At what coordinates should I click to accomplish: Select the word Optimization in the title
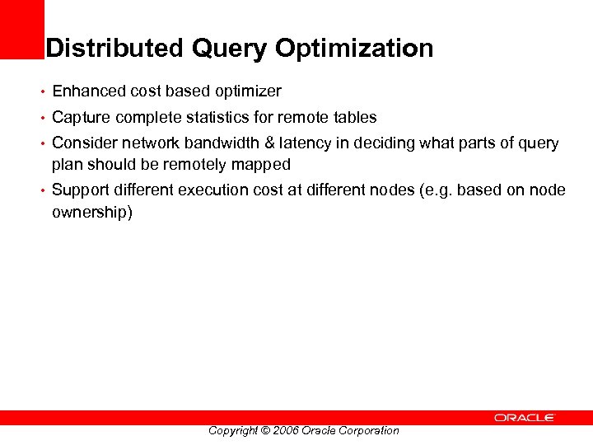(354, 49)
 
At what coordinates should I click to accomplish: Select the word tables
(354, 118)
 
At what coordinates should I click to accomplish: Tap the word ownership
(91, 212)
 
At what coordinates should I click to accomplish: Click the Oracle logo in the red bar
(525, 418)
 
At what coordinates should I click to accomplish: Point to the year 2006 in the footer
(284, 430)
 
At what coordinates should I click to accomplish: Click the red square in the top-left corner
(21, 29)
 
